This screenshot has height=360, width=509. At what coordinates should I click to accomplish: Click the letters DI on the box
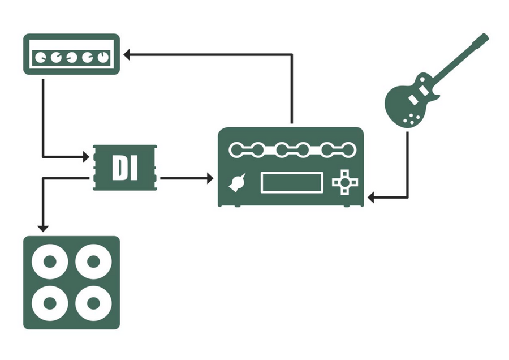[125, 167]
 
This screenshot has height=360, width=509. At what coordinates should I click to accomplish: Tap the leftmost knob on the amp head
[41, 57]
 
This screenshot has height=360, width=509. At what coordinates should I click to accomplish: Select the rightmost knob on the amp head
[102, 57]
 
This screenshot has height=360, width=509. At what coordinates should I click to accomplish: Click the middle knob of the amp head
[71, 57]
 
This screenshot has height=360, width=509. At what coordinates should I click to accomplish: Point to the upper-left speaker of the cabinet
[50, 262]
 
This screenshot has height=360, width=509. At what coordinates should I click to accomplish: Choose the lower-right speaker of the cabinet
[93, 303]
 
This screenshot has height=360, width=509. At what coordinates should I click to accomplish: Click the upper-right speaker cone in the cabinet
[93, 262]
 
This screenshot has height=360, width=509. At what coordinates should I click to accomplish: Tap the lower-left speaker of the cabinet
[50, 303]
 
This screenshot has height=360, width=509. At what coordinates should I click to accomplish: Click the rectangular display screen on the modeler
[292, 182]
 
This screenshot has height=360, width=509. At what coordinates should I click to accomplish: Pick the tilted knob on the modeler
[238, 183]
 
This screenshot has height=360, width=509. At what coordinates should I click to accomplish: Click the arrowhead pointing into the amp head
[128, 54]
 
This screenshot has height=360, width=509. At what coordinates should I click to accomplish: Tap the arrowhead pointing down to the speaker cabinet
[42, 228]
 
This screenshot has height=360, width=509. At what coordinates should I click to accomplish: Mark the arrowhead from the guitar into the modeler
[371, 198]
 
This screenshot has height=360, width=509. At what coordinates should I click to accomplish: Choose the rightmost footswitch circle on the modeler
[347, 150]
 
